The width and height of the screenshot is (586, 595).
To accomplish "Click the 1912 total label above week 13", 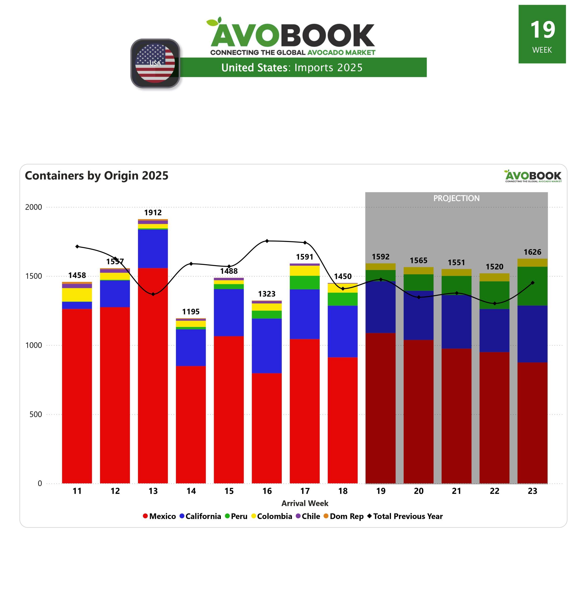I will [x=153, y=212].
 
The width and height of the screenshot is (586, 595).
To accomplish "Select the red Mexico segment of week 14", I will [x=191, y=424].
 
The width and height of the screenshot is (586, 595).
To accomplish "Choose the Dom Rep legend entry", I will [x=344, y=516].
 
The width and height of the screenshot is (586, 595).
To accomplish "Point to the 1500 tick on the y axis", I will [x=34, y=276].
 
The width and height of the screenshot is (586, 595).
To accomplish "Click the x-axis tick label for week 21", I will [x=456, y=491].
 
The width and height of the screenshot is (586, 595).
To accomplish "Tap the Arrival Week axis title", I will [x=305, y=503].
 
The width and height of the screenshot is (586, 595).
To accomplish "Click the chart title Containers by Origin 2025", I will [x=97, y=175].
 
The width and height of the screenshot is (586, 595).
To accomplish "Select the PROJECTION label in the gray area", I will [x=456, y=198].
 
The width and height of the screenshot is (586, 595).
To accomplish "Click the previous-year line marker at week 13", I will [x=153, y=294].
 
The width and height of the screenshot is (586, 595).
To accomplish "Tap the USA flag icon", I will [x=155, y=63].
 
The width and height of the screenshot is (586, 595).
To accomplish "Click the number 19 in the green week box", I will [x=542, y=30].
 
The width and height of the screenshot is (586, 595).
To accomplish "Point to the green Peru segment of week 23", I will [x=532, y=286].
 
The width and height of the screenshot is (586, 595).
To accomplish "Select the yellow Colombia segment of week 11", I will [x=77, y=294].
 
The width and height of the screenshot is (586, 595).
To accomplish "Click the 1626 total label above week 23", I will [x=532, y=252].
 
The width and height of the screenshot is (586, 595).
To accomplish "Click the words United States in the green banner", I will [x=254, y=68].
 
